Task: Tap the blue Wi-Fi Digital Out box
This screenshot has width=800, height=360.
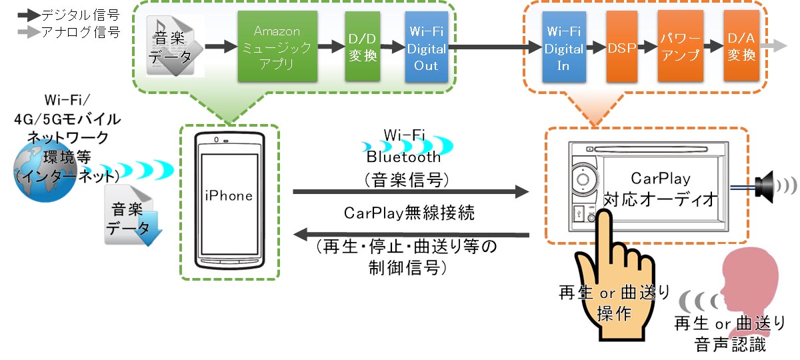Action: click(426, 47)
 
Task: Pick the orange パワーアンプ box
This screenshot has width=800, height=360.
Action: click(680, 47)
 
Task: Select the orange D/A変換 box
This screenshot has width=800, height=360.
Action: click(741, 47)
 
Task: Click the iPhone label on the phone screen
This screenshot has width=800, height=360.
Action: click(229, 196)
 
